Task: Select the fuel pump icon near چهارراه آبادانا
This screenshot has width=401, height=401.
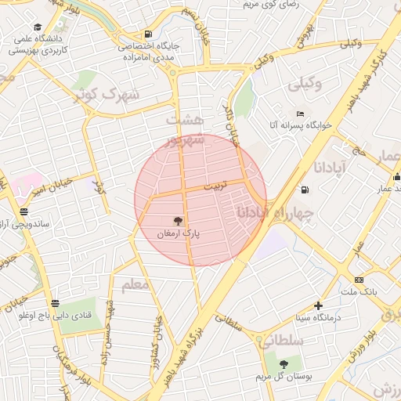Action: click(304, 190)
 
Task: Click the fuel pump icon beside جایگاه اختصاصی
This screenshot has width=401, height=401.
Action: click(148, 34)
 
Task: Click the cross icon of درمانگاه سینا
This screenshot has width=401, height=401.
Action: click(318, 305)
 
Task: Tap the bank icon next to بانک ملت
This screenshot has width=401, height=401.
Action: click(359, 280)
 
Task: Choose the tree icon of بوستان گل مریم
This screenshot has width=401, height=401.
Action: click(284, 364)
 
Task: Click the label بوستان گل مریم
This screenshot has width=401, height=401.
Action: click(284, 377)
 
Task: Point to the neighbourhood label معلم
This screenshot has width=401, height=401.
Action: click(135, 284)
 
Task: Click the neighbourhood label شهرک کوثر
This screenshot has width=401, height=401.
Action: click(106, 95)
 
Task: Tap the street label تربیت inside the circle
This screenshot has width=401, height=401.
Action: click(213, 188)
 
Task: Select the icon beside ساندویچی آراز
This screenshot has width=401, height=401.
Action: click(24, 211)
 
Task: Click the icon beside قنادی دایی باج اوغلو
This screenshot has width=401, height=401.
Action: click(54, 303)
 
